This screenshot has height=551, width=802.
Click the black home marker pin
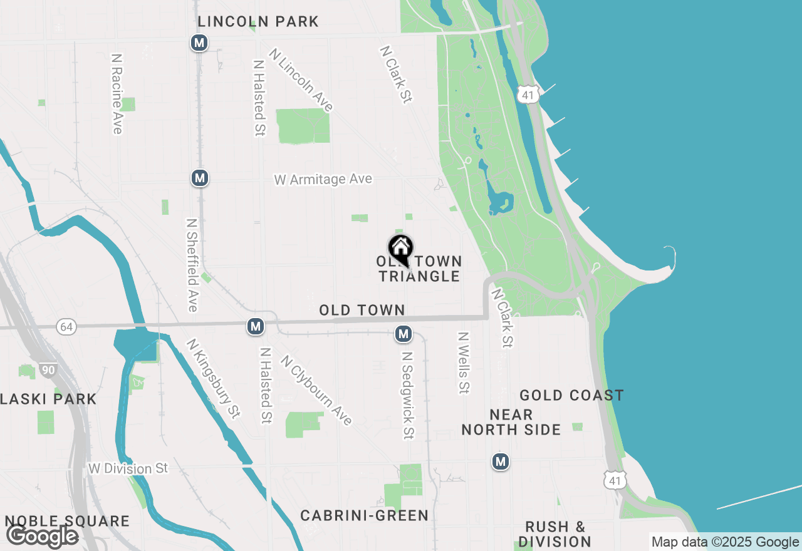(x=400, y=249)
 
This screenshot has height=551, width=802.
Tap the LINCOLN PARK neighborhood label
(x=258, y=22)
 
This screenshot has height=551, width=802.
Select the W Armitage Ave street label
(x=323, y=180)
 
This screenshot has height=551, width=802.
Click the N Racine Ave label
(x=117, y=93)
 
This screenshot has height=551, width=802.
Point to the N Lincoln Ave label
(x=301, y=80)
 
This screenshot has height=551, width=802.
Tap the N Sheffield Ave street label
(x=192, y=264)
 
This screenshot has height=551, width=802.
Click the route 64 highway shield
(x=66, y=326)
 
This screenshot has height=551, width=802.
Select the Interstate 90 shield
(x=48, y=370)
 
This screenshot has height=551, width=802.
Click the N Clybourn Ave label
(x=316, y=390)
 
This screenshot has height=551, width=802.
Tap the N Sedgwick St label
(x=408, y=394)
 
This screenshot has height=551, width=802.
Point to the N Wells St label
(x=463, y=363)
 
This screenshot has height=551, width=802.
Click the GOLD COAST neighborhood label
(x=571, y=396)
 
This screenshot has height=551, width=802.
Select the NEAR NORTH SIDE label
(x=511, y=422)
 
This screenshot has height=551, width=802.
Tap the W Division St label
(x=128, y=468)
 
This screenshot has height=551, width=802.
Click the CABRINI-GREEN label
(x=364, y=516)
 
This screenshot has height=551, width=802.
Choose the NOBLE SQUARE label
(x=67, y=522)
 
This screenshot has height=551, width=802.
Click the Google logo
(x=42, y=537)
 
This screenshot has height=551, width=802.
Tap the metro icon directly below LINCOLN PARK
(x=199, y=43)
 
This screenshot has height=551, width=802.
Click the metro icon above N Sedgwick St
(x=404, y=334)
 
